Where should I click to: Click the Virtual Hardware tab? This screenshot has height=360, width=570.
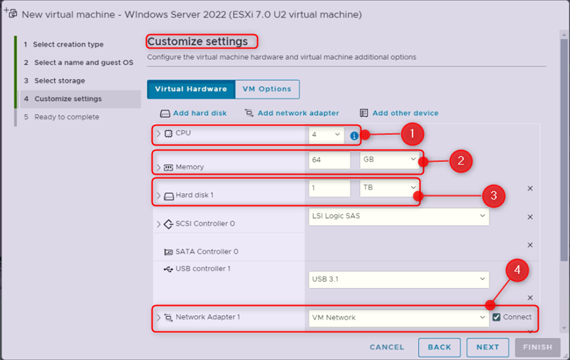(190, 89)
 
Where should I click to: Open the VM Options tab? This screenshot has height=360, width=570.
(266, 89)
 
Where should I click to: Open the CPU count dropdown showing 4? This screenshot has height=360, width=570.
(326, 134)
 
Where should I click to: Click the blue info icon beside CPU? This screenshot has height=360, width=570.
(354, 135)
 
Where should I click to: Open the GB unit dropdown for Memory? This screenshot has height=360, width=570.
(389, 160)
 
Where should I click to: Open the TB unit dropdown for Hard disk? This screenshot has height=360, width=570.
(389, 187)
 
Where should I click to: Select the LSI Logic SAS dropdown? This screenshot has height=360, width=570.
(399, 216)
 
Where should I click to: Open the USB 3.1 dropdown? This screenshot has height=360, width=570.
(399, 279)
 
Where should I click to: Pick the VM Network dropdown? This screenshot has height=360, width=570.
(399, 317)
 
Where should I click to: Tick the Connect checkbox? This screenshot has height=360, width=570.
(497, 317)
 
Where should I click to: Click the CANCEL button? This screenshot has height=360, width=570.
(387, 347)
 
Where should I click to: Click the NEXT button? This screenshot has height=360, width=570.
(487, 347)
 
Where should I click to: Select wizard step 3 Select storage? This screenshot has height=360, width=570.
(59, 81)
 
